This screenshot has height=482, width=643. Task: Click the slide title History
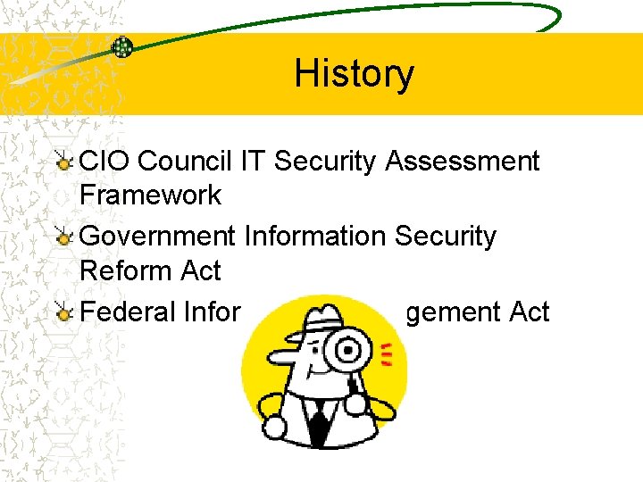tap(354, 73)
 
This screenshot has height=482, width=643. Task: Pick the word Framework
tap(150, 195)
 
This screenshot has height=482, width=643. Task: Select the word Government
tap(157, 237)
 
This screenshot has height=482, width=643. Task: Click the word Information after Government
tap(314, 237)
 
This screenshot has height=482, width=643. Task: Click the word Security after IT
tap(326, 162)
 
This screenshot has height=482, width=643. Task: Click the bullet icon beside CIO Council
tap(63, 162)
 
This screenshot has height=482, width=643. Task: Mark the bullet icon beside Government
tap(63, 237)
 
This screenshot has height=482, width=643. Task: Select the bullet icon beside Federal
tap(63, 312)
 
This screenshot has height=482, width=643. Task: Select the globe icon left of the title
tap(122, 47)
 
